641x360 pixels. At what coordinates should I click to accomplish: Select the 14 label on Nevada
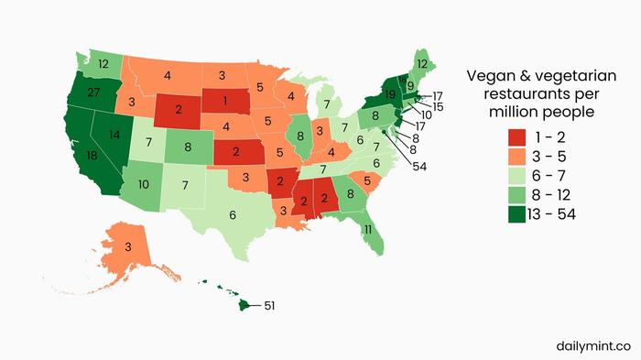114,134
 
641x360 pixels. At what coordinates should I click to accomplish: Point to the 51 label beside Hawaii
270,305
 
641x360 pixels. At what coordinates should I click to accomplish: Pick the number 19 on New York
389,93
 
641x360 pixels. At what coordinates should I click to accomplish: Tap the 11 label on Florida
365,228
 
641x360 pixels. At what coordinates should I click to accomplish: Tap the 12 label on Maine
420,63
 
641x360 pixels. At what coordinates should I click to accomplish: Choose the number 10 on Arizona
144,184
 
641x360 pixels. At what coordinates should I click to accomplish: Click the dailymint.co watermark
592,345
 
